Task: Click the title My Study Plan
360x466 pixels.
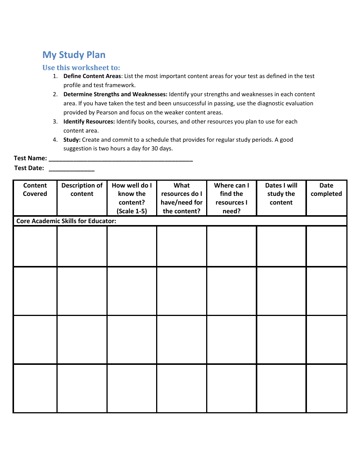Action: (x=74, y=55)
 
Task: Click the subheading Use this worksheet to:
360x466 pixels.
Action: (x=81, y=68)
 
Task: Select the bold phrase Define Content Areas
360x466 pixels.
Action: (x=92, y=76)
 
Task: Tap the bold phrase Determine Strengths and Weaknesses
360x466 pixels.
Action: (x=115, y=94)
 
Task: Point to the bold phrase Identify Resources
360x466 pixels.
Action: (x=89, y=122)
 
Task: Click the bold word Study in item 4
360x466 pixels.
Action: (x=72, y=140)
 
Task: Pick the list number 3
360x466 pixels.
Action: (x=55, y=122)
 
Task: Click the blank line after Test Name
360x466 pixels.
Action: (x=121, y=159)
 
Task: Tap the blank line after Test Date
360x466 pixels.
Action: (x=72, y=169)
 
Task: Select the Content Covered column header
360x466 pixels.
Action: (x=35, y=190)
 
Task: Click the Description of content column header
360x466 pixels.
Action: (x=82, y=190)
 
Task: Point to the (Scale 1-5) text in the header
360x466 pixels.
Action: (x=132, y=211)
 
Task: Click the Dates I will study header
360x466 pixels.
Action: (x=281, y=194)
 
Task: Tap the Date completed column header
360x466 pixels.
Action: (x=326, y=190)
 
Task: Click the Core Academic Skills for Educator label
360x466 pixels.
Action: (x=66, y=221)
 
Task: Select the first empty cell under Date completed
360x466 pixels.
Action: (x=326, y=246)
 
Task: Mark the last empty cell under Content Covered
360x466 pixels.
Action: (x=35, y=388)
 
